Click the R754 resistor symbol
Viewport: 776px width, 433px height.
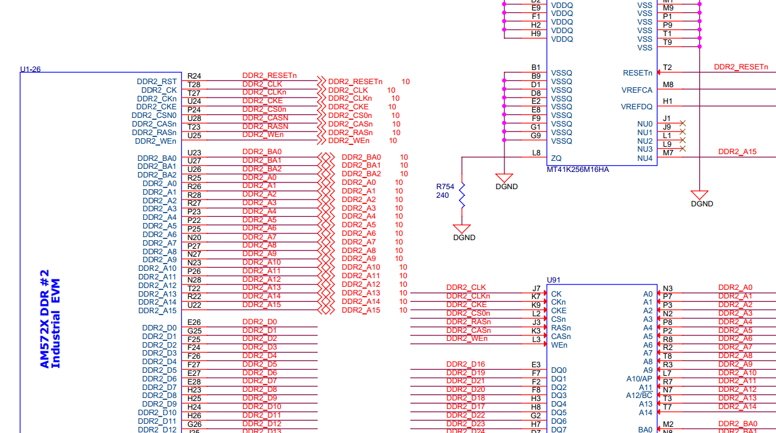[462, 196]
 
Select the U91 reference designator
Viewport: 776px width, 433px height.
[553, 280]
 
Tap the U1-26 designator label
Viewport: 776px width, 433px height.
[30, 69]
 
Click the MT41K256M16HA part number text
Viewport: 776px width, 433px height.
[578, 170]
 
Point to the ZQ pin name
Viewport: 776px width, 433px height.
[556, 158]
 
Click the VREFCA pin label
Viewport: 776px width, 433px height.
[637, 90]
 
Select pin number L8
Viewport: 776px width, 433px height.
[536, 153]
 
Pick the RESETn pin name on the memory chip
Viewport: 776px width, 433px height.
[637, 73]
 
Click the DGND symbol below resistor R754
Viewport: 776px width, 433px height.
[462, 228]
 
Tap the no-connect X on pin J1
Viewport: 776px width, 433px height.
[683, 123]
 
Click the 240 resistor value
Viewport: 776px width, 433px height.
[442, 195]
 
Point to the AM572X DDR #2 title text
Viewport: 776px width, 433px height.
[45, 319]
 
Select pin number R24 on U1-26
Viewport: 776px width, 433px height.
[194, 76]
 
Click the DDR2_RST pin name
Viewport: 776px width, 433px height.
[157, 82]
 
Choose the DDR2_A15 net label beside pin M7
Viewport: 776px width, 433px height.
[737, 152]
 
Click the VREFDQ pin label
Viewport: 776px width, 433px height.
[637, 107]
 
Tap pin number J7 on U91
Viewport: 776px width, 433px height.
[536, 289]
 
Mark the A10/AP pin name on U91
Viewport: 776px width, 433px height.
[639, 379]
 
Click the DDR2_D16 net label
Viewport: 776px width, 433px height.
[466, 364]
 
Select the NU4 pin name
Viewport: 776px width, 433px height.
[645, 158]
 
